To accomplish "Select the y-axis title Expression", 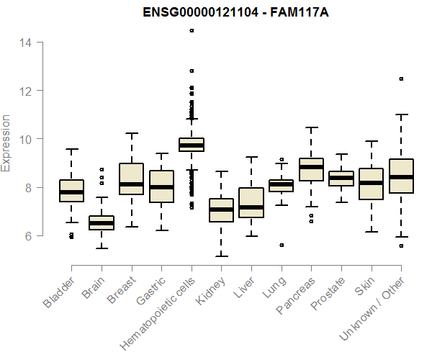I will click(x=6, y=143).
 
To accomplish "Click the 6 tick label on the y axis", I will click(x=27, y=235).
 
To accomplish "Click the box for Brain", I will click(x=102, y=222).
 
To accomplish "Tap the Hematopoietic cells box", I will click(x=192, y=145).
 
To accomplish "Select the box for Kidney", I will click(x=221, y=210).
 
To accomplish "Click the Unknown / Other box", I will click(x=401, y=176).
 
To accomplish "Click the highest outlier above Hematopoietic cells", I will click(x=192, y=31).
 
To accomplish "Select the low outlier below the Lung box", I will click(x=282, y=245).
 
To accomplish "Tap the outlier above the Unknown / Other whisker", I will click(x=401, y=78).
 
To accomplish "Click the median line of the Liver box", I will click(x=251, y=207).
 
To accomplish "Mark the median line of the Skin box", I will click(x=371, y=183).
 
